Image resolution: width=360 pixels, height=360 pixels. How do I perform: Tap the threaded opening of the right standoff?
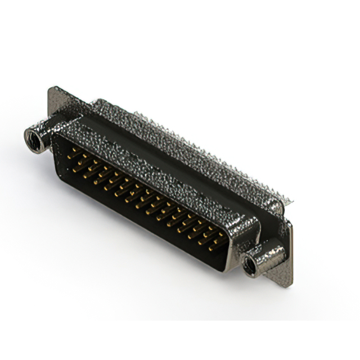click(251, 265)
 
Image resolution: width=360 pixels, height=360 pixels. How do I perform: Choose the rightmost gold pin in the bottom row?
click(213, 247)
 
